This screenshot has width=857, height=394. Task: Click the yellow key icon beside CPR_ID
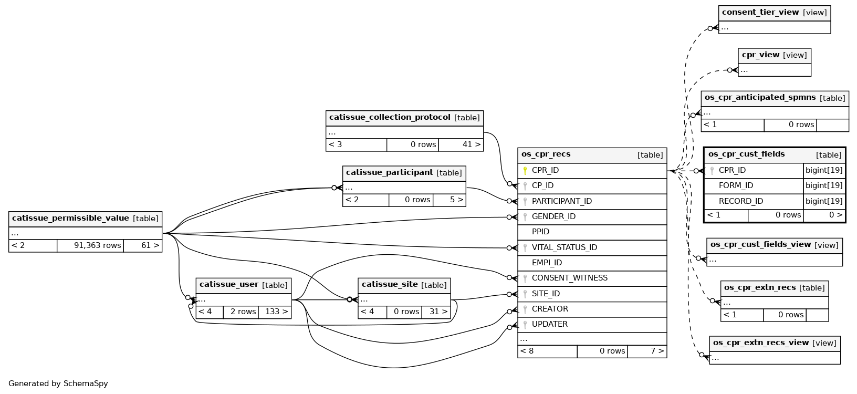click(x=525, y=170)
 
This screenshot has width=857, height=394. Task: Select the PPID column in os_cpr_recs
click(x=540, y=232)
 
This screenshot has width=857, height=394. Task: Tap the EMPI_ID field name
click(x=547, y=263)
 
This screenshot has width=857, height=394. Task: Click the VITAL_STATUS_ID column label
click(x=565, y=247)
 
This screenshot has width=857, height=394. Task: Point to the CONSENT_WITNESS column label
click(x=569, y=278)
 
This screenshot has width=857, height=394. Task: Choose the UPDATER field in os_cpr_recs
click(x=549, y=324)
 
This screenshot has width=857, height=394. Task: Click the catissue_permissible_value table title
click(x=70, y=218)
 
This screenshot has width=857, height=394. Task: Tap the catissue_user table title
click(x=228, y=285)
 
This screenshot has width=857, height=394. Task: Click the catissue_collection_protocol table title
click(x=390, y=118)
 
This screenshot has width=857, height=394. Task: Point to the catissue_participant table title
click(x=390, y=173)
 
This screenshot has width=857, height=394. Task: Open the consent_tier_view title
click(x=760, y=12)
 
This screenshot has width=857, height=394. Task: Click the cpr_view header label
click(x=760, y=55)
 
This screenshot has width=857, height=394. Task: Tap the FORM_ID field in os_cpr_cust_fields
click(x=736, y=185)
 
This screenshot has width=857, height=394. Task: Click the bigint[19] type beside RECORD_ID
click(x=824, y=201)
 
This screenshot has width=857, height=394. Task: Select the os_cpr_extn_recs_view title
click(x=760, y=343)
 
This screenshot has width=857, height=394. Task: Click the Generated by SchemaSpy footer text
click(x=58, y=383)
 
